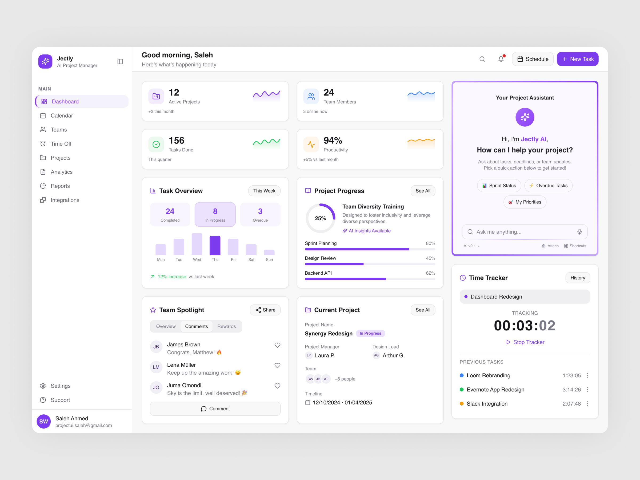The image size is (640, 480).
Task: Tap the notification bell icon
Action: click(501, 59)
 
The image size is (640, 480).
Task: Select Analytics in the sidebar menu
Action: click(61, 172)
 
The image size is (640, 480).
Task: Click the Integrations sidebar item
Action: click(65, 200)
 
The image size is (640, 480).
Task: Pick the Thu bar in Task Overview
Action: click(215, 245)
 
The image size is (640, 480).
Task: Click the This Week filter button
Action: click(264, 191)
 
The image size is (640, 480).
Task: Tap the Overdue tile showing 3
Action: click(260, 214)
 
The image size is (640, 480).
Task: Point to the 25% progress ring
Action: click(320, 218)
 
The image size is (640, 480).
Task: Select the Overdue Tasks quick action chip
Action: click(548, 185)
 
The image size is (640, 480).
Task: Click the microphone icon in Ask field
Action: click(579, 232)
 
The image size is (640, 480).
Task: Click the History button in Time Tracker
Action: click(577, 278)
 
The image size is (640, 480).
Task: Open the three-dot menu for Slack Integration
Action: click(587, 404)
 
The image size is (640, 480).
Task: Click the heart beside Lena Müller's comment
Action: click(277, 365)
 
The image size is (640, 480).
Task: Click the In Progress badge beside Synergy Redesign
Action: click(370, 333)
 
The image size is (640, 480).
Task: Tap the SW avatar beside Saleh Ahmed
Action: click(44, 421)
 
